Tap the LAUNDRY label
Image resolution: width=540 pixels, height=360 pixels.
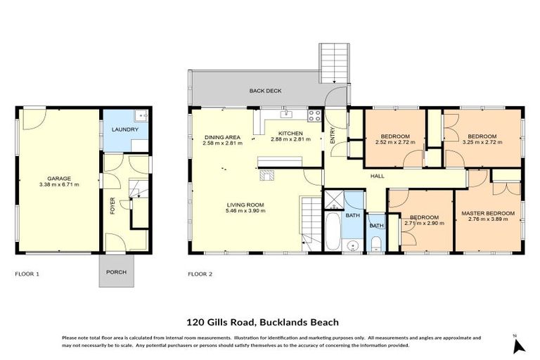(125, 129)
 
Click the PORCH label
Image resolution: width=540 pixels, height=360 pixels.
(116, 272)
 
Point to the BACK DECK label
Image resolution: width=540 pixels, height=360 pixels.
(264, 91)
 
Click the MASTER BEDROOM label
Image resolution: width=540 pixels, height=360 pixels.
(487, 213)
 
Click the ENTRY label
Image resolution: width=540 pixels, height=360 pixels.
(333, 135)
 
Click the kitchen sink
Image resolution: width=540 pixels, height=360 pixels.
(286, 113)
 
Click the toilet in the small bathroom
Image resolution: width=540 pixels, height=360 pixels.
(376, 243)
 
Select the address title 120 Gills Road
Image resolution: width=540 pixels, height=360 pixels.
(262, 323)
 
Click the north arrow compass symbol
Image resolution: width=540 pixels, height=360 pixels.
(518, 345)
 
